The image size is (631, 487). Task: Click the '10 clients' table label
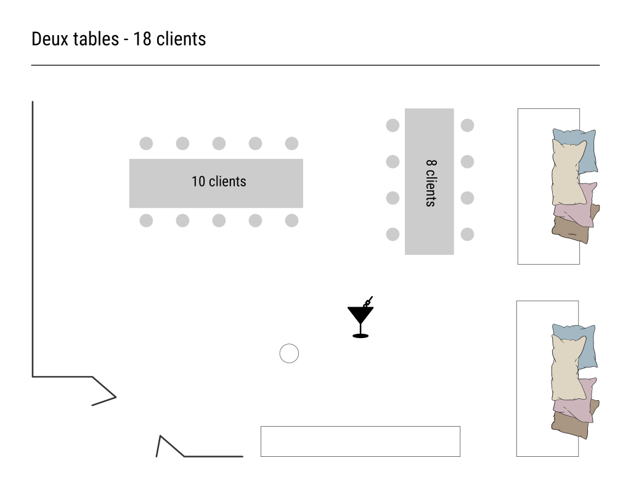click(x=218, y=182)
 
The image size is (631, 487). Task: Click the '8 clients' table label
click(x=430, y=183)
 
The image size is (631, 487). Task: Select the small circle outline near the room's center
click(x=289, y=353)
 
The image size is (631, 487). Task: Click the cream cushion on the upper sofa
click(x=568, y=174)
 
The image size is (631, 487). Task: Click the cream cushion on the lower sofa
click(x=568, y=369)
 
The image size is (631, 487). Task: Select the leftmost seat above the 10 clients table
click(x=146, y=143)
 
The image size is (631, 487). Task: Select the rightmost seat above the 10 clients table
click(x=291, y=143)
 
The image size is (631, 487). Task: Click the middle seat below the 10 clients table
click(x=219, y=220)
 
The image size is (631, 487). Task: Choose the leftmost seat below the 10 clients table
click(x=146, y=220)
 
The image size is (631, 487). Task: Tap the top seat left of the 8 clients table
click(x=393, y=125)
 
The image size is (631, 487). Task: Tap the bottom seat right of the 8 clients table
click(x=467, y=234)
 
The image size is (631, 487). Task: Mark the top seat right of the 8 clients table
click(x=467, y=125)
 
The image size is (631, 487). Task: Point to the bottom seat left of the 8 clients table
click(x=393, y=234)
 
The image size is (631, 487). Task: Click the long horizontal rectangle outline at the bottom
click(x=360, y=441)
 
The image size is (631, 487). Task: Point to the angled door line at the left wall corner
click(x=105, y=391)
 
